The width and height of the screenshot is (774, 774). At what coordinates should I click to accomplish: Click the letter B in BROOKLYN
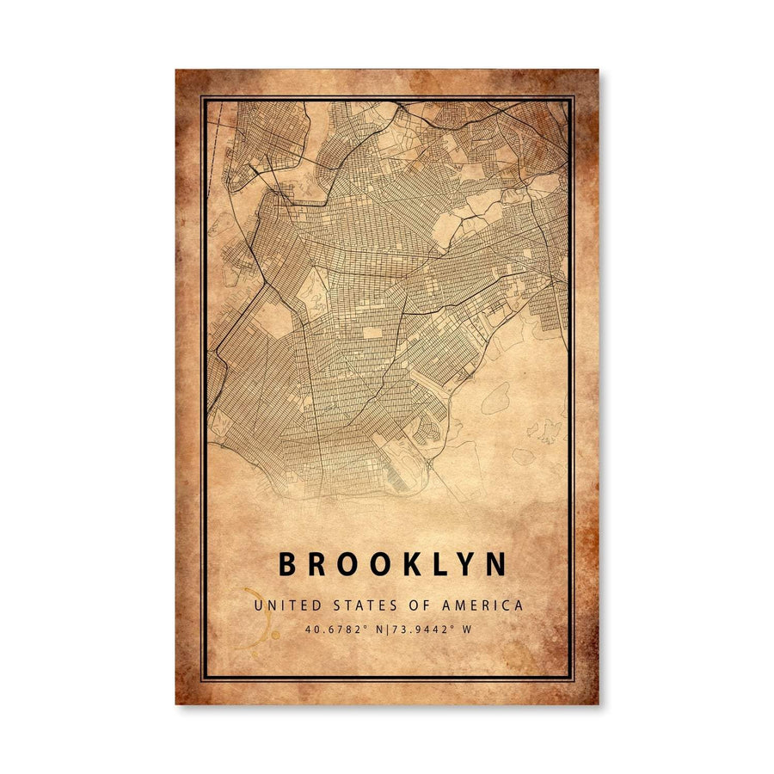(x=287, y=565)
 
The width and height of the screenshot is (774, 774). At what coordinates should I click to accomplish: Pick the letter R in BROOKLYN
(x=317, y=565)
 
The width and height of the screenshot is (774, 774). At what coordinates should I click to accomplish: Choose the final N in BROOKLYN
(x=495, y=565)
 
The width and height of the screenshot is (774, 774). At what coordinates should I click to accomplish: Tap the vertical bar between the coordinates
(x=389, y=630)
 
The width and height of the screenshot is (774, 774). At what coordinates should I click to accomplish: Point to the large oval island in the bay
(x=494, y=397)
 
